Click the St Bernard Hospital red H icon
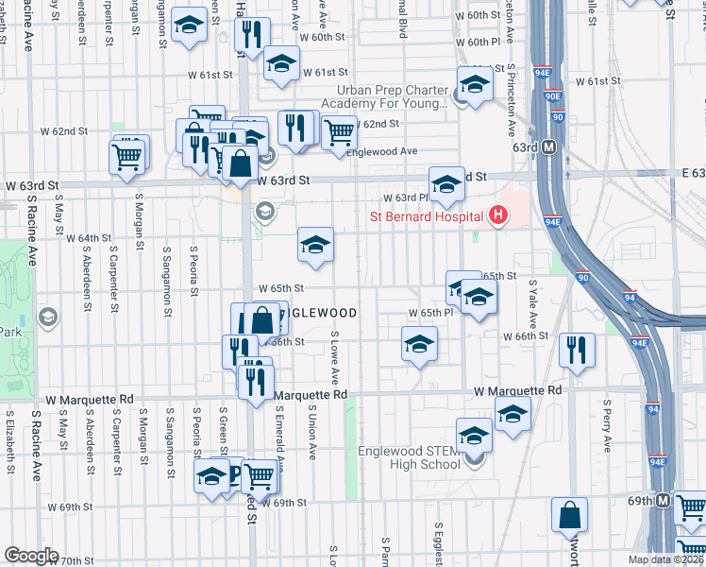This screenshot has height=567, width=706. click(x=498, y=216)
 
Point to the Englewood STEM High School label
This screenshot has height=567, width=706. click(x=409, y=457)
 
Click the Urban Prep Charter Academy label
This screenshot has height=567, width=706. click(x=386, y=96)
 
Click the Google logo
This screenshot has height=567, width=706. click(x=31, y=556)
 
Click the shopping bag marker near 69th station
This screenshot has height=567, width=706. click(x=571, y=515)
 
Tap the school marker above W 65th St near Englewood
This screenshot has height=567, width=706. click(x=315, y=245)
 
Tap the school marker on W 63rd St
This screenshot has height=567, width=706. click(x=446, y=183)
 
